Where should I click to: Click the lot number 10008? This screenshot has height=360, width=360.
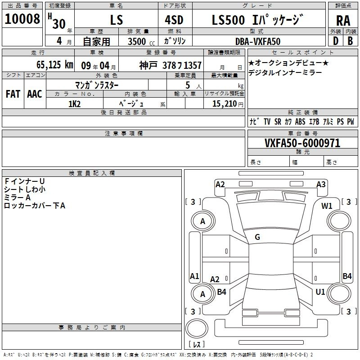(22, 19)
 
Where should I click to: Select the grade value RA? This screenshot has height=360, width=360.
(343, 21)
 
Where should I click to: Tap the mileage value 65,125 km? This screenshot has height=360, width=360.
(55, 65)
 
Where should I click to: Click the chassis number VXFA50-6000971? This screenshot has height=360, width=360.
(302, 143)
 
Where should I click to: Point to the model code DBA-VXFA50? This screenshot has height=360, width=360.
(258, 41)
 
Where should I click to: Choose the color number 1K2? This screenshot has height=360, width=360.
(74, 104)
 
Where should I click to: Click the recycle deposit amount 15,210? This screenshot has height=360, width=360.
(224, 104)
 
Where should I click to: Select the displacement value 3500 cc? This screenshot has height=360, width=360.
(141, 41)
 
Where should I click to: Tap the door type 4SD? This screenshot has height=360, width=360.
(174, 20)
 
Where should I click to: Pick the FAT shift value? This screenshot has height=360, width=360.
(13, 94)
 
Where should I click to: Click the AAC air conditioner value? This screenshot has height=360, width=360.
(35, 94)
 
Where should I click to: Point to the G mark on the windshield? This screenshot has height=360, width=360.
(257, 237)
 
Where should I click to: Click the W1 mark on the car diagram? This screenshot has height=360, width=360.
(327, 206)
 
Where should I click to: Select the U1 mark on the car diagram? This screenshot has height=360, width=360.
(320, 292)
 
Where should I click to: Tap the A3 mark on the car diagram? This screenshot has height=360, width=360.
(321, 184)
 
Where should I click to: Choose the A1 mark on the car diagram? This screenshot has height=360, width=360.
(194, 276)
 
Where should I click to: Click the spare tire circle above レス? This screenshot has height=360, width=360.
(197, 328)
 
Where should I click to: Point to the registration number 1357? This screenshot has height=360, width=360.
(193, 65)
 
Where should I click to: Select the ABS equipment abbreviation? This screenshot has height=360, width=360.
(300, 121)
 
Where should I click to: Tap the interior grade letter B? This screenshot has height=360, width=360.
(350, 41)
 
